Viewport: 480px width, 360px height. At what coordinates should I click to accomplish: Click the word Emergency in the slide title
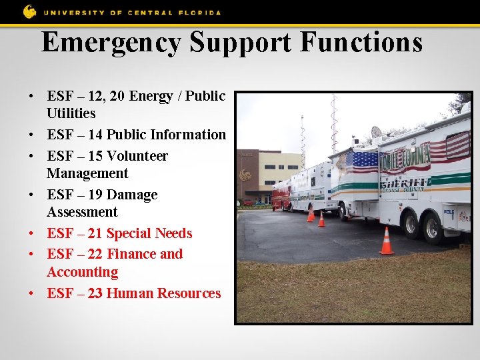(111, 42)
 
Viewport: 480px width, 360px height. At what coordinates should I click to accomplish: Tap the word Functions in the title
(361, 42)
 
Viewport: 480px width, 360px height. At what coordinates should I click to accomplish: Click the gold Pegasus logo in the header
(30, 11)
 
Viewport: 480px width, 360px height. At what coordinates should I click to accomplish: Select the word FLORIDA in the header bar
(198, 12)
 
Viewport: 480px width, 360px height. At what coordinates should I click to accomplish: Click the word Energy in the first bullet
(151, 96)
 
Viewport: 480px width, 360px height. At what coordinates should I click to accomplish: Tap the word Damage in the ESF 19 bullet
(132, 195)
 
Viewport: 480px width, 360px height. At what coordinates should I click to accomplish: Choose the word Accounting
(82, 272)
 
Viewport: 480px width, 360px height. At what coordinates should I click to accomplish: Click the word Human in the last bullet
(128, 293)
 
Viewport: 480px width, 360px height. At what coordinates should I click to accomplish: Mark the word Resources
(188, 293)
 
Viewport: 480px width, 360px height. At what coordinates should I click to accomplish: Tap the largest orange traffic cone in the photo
(387, 241)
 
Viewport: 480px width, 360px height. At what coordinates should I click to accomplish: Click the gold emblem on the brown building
(246, 175)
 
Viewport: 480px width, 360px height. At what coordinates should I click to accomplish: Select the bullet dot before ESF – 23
(32, 294)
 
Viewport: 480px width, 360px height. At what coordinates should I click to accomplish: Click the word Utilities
(71, 113)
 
